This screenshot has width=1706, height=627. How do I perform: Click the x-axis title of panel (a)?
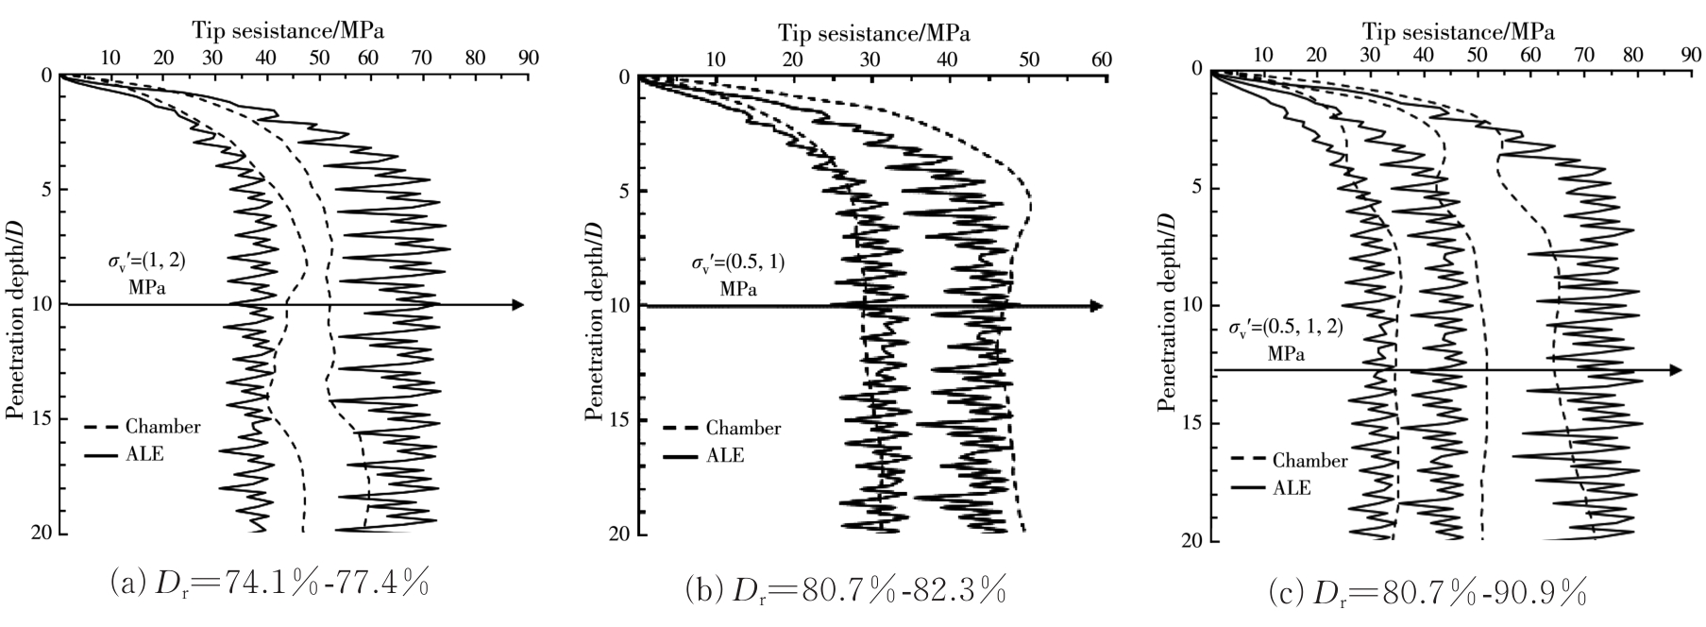(289, 29)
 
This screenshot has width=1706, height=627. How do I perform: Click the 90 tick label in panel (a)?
(529, 58)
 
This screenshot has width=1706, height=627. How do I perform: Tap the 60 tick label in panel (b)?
(1102, 60)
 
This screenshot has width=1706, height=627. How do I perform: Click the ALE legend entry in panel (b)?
(725, 455)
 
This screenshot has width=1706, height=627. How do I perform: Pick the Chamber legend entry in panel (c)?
(1309, 461)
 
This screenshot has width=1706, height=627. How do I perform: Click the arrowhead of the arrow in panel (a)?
(516, 304)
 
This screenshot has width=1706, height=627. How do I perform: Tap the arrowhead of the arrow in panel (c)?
(1675, 370)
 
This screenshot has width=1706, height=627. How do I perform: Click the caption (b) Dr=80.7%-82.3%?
(845, 592)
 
